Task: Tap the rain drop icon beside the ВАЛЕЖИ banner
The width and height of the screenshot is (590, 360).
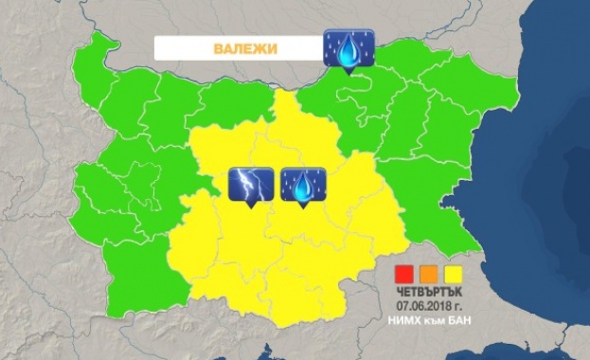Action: tap(349, 47)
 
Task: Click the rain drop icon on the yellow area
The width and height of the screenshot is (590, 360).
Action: tap(303, 185)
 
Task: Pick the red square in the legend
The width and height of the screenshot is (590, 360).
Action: tap(402, 275)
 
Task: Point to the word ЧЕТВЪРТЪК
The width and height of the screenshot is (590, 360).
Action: tap(421, 292)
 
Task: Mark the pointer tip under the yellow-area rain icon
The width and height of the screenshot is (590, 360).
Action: tap(303, 207)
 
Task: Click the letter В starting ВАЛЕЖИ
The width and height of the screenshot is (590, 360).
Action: tap(216, 47)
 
